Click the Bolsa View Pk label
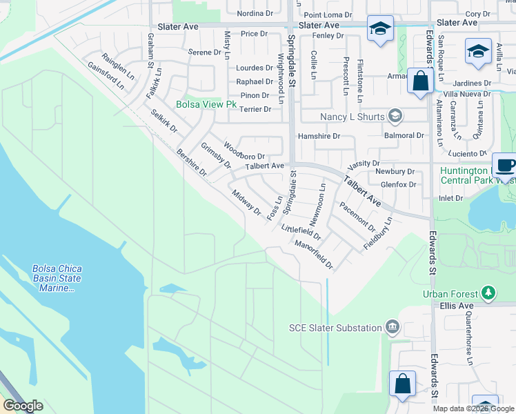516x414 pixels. pyautogui.click(x=206, y=106)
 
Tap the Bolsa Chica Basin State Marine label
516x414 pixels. pyautogui.click(x=57, y=278)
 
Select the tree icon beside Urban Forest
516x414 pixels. pyautogui.click(x=488, y=293)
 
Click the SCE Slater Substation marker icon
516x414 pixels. pyautogui.click(x=393, y=327)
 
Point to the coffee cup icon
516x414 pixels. pyautogui.click(x=505, y=166)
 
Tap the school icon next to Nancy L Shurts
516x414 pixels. pyautogui.click(x=395, y=116)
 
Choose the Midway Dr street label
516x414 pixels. pyautogui.click(x=246, y=202)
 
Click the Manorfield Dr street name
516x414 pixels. pyautogui.click(x=313, y=254)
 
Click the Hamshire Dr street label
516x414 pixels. pyautogui.click(x=319, y=137)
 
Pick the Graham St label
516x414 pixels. pyautogui.click(x=150, y=48)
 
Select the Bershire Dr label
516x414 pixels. pyautogui.click(x=191, y=163)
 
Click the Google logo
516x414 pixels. pyautogui.click(x=23, y=406)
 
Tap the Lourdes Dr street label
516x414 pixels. pyautogui.click(x=254, y=68)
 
